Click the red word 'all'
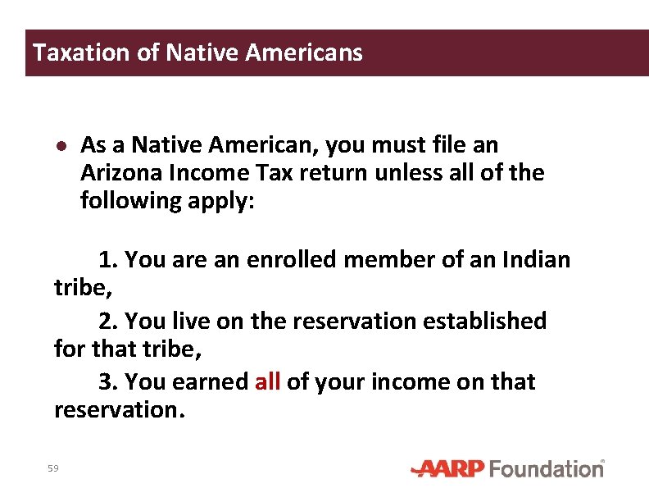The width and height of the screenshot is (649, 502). coord(268,382)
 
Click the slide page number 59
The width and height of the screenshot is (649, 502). coord(53,468)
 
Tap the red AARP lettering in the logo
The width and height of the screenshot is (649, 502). coord(449,469)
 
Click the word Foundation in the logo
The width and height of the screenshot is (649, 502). coord(546,469)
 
